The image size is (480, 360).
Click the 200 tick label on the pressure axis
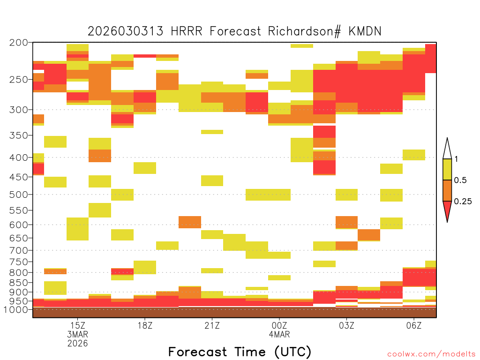(19, 43)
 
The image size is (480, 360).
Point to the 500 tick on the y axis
(19, 195)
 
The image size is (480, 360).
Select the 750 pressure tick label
(19, 262)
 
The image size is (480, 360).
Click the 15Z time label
(77, 325)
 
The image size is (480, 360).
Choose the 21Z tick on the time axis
(212, 325)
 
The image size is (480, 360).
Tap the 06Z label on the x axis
(414, 325)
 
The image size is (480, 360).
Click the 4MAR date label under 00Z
(279, 334)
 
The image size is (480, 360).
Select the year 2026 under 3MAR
(77, 344)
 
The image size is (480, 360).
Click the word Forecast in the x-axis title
(197, 352)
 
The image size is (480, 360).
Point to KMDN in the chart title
(365, 31)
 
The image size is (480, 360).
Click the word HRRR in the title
(187, 31)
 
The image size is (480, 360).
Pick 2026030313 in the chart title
(126, 31)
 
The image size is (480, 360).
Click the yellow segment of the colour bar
(447, 169)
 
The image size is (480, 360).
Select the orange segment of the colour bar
(447, 190)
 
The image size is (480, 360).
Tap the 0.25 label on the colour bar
(463, 202)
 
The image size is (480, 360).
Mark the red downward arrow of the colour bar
(447, 210)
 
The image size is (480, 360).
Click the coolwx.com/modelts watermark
(431, 354)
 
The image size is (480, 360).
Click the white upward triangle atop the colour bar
(447, 150)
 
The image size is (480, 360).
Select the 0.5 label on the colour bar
(460, 180)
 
